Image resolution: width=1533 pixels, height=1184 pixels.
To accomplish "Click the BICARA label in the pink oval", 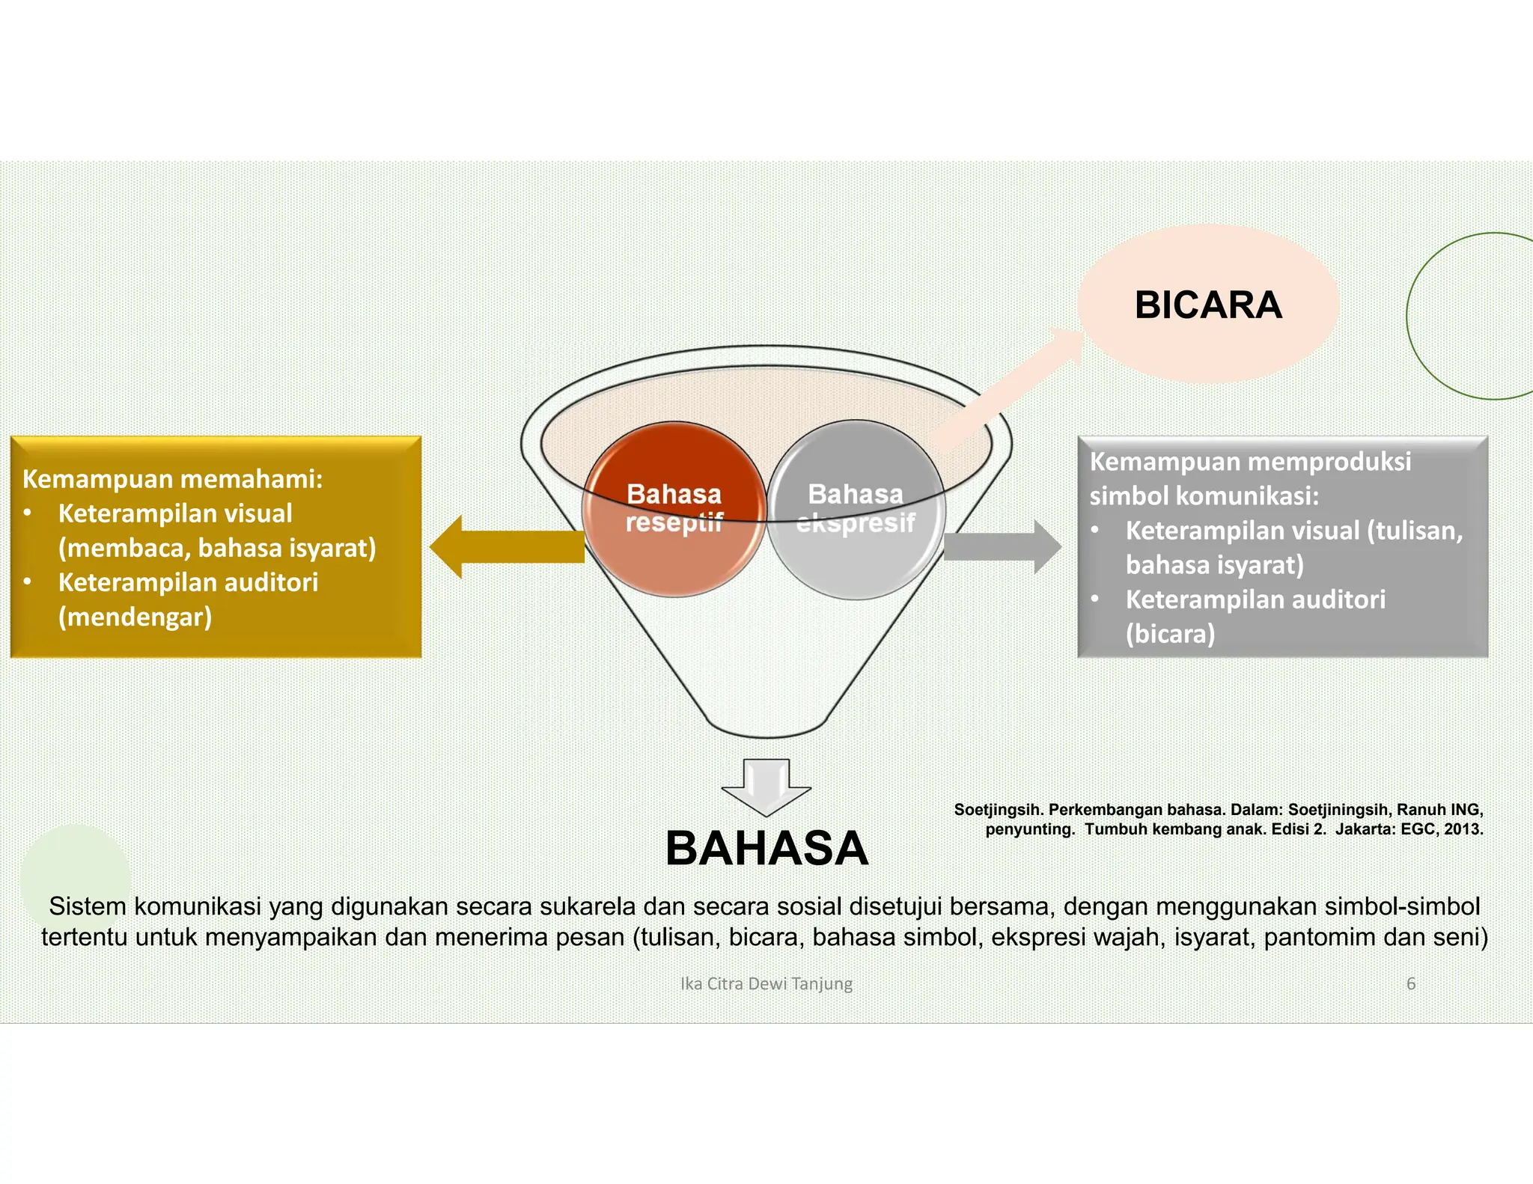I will pos(1208,305).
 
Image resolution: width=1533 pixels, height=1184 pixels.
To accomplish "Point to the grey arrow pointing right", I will pos(1003,547).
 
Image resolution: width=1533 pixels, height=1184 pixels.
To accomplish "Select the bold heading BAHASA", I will pos(766,849).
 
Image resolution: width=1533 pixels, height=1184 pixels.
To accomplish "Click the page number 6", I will pos(1411,983).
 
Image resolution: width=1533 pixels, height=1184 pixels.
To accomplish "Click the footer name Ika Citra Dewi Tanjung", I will pos(766,983).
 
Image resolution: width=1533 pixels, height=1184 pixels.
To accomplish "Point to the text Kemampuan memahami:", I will pos(172,479).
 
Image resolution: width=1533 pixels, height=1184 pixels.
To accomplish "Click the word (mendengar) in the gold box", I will pos(135,617).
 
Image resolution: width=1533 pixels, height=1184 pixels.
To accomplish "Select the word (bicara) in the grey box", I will pos(1171,634).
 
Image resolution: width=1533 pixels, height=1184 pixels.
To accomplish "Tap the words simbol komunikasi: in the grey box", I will pos(1204,495).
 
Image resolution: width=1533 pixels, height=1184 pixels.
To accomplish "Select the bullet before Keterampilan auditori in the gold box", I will pos(28,582).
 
